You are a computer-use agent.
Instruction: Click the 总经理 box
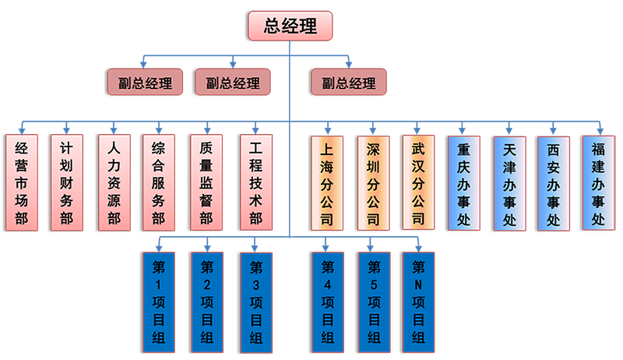coord(290,26)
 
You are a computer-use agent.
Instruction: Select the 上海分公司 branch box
coord(326,183)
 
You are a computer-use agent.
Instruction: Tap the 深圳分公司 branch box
coord(372,183)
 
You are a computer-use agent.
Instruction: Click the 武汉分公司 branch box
coord(419,183)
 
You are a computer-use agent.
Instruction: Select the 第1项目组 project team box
coord(159,302)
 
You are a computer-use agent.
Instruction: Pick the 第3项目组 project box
coord(256,302)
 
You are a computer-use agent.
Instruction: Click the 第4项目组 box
coord(327,302)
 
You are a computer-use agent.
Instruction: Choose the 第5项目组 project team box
coord(373,302)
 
